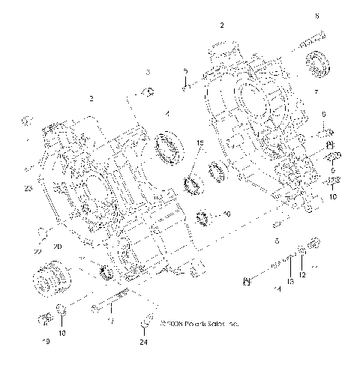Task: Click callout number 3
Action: coord(148,72)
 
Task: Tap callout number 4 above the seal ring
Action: coord(166,114)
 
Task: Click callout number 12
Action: coord(301,275)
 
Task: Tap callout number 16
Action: coord(228,214)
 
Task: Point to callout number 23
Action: coord(28,190)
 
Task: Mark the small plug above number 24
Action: coord(142,324)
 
